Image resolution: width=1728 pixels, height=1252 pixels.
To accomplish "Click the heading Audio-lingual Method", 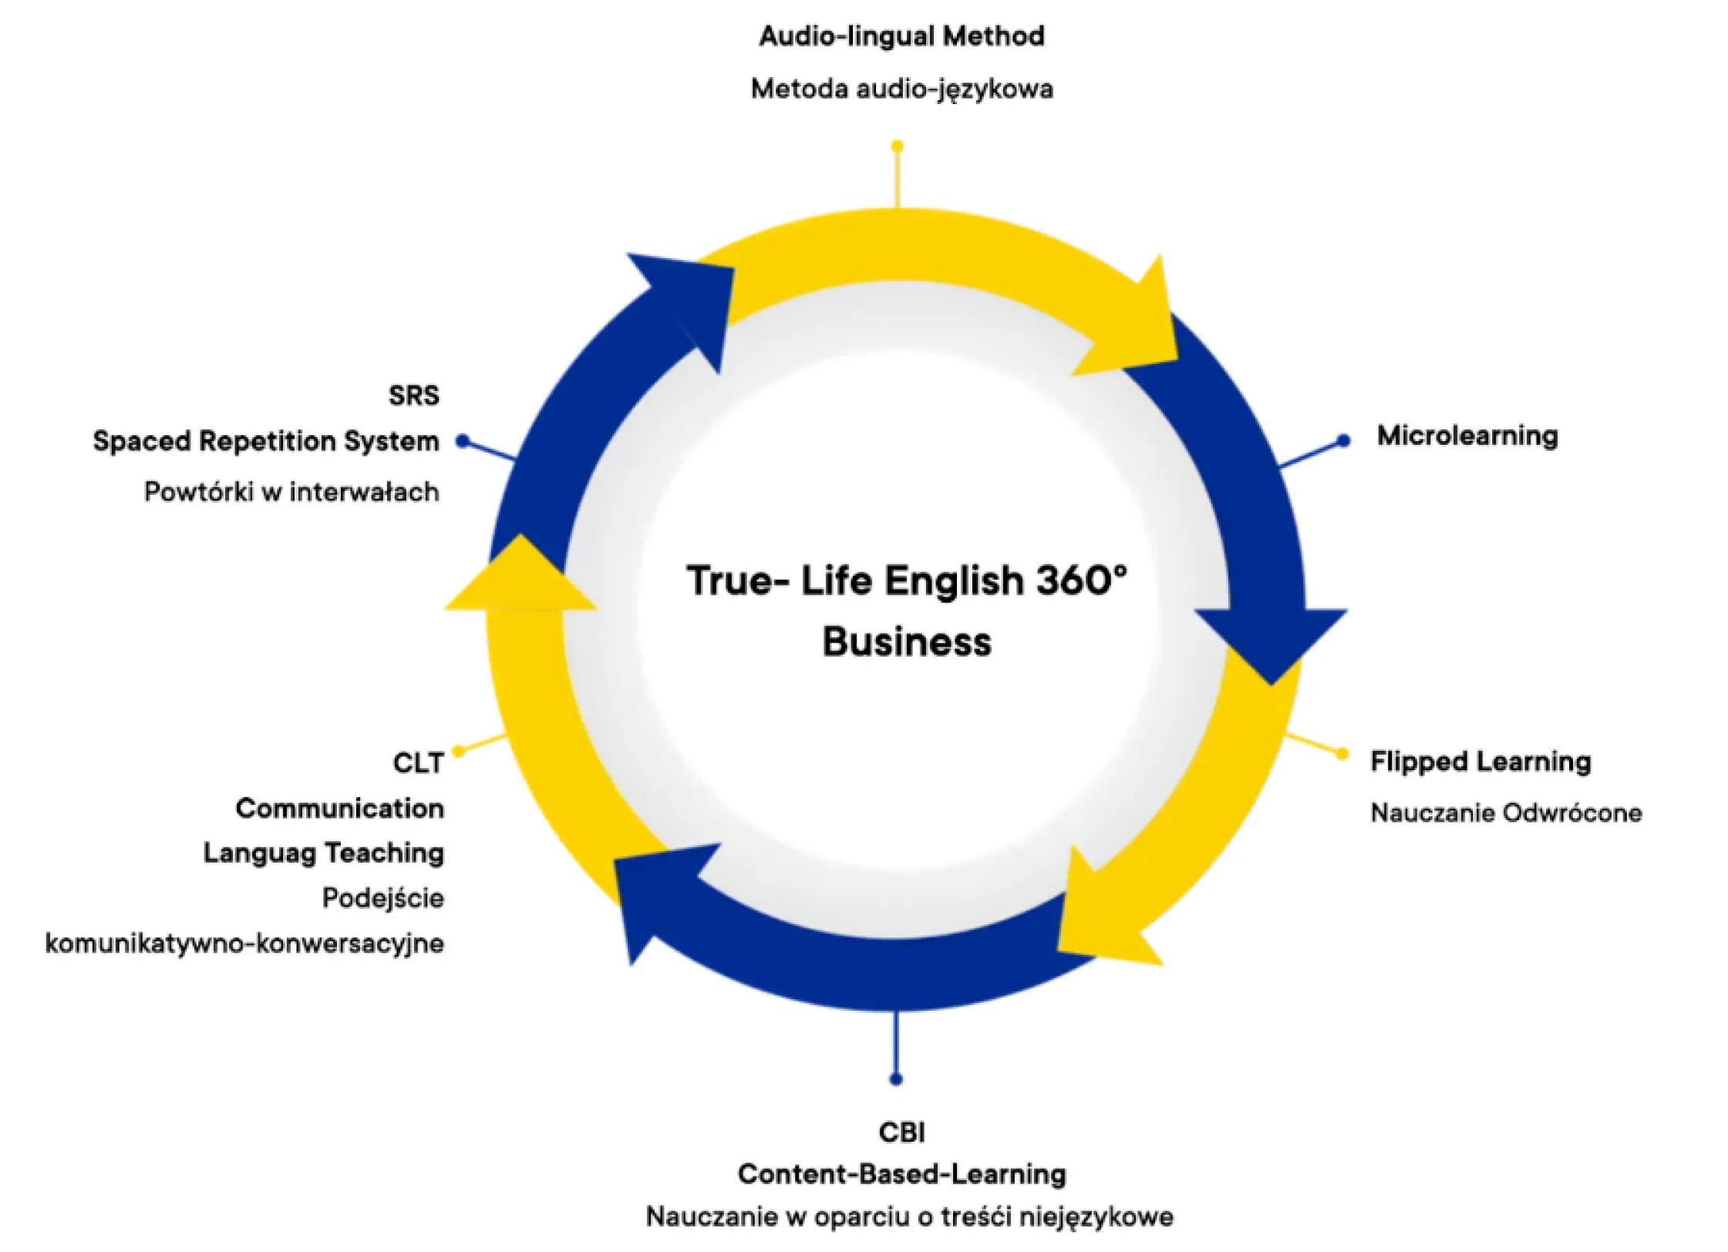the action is point(901,36).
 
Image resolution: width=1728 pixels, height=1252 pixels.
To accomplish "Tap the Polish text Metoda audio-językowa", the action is point(901,89).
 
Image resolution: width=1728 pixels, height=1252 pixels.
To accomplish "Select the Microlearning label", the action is point(1467,436).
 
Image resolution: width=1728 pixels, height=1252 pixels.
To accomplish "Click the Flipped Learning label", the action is point(1480,762).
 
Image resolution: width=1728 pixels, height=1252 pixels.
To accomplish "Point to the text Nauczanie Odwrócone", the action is point(1505,813).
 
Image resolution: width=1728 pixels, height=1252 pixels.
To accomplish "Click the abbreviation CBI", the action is point(901,1133).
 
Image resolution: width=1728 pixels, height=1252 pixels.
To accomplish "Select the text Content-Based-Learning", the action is point(901,1174).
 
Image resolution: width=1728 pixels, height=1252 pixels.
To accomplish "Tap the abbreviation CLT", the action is point(418,763).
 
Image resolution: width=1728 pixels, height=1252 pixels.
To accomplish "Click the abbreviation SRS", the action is point(413,395).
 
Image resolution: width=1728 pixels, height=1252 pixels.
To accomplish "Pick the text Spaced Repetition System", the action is point(265,441).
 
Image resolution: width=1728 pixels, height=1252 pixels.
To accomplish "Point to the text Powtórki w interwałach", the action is point(291,492).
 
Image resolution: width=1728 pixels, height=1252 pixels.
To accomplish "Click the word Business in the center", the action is point(906,642).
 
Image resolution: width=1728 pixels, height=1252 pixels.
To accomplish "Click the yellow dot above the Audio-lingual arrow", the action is point(897,146).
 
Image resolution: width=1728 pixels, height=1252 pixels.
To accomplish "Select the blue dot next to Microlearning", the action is point(1343,440).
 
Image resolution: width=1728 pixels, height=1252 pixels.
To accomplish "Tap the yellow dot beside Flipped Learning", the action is point(1342,753).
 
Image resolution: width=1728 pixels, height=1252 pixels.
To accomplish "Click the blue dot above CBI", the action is point(895,1079).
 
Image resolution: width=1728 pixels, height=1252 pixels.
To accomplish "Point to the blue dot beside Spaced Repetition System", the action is point(462,441).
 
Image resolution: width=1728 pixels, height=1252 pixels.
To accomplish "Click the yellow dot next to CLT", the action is point(459,751).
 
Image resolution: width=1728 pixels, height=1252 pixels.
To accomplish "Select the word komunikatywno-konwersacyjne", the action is point(244,943).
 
